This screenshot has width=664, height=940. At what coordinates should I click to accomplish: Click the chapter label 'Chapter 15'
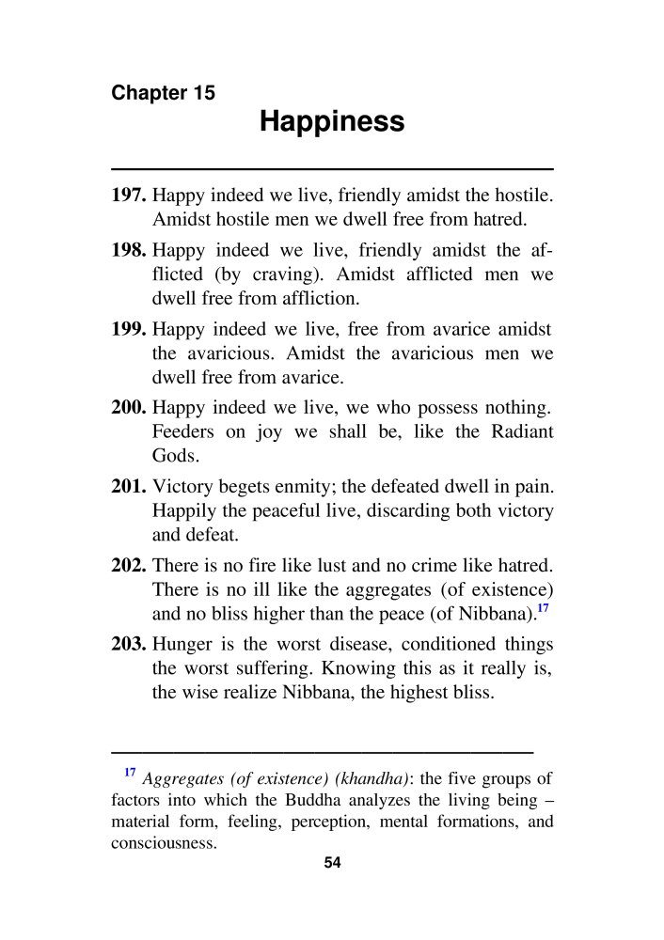pyautogui.click(x=163, y=93)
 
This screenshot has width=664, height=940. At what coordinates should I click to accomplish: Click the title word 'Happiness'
pyautogui.click(x=331, y=121)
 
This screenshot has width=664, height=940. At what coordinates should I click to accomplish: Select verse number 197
pyautogui.click(x=129, y=197)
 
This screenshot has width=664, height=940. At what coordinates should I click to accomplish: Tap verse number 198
pyautogui.click(x=129, y=252)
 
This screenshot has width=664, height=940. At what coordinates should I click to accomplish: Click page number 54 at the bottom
pyautogui.click(x=331, y=864)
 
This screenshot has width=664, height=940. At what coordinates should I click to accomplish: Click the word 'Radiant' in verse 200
pyautogui.click(x=522, y=433)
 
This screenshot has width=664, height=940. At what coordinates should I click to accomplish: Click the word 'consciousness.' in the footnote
pyautogui.click(x=164, y=842)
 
